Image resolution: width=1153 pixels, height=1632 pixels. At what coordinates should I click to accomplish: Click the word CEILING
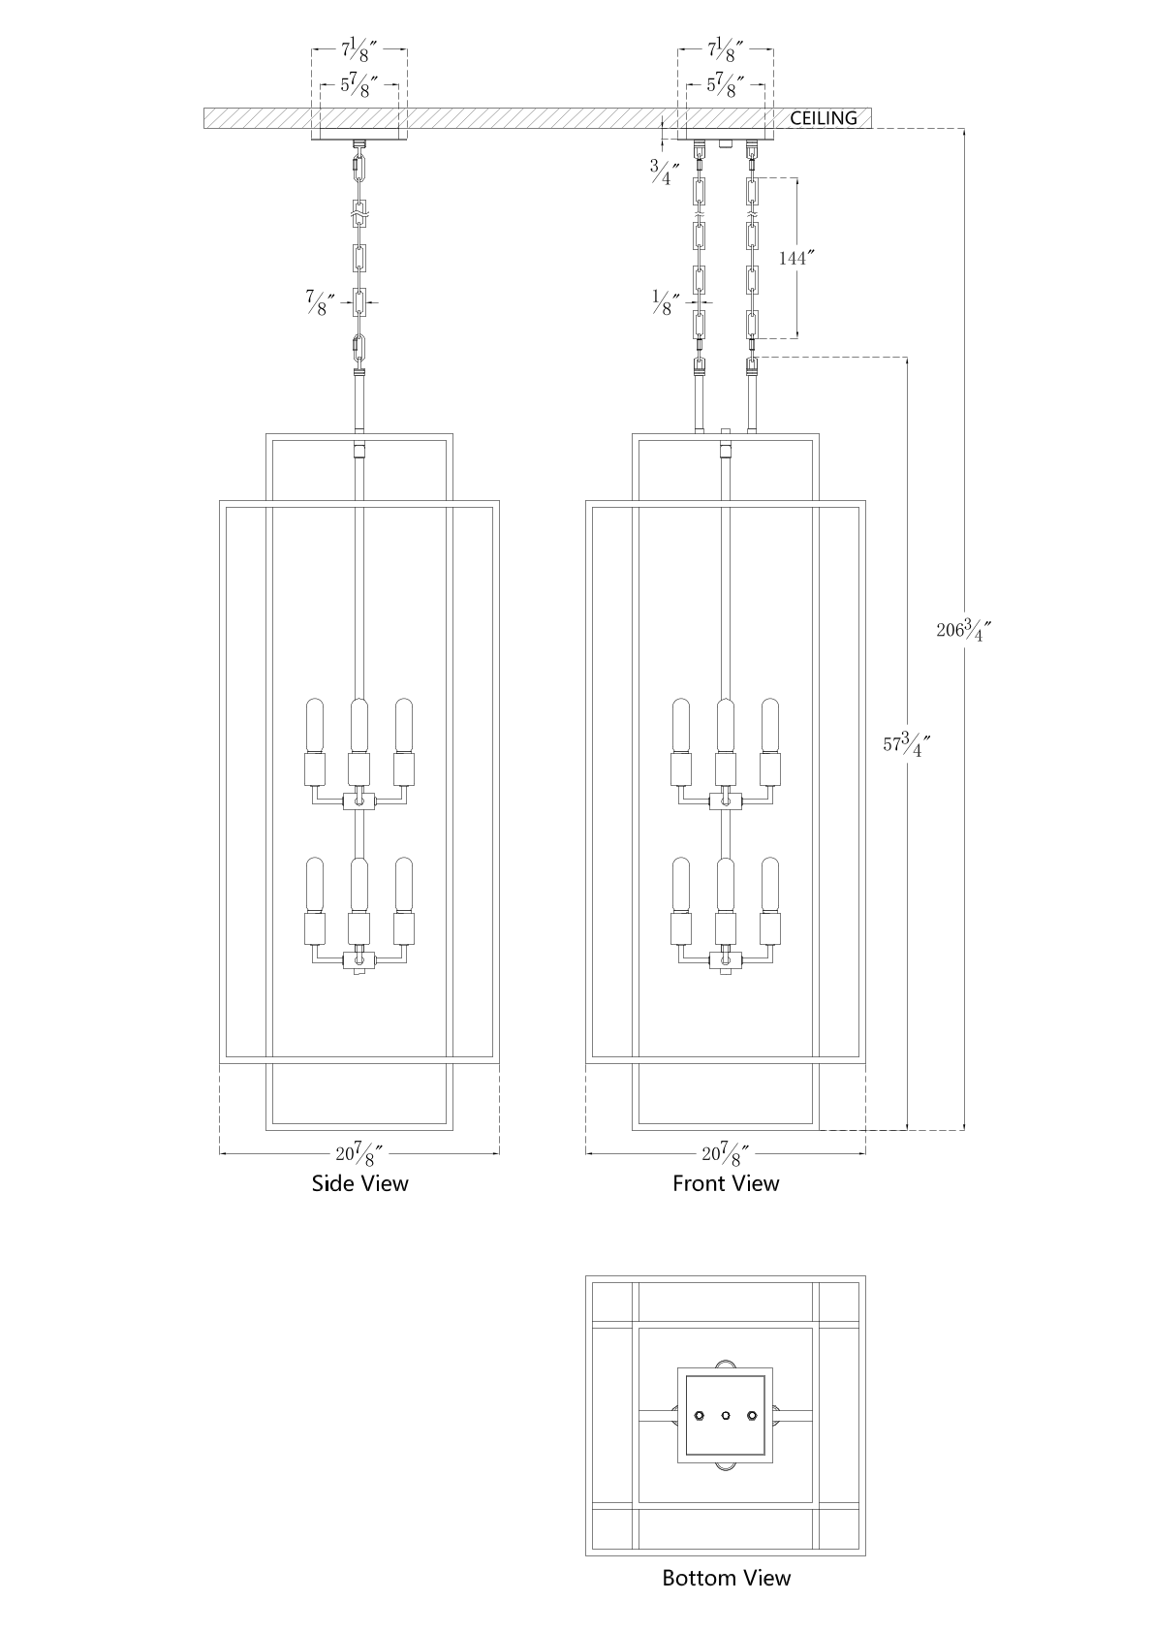point(824,118)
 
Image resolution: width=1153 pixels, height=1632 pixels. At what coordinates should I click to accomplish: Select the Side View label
point(359,1183)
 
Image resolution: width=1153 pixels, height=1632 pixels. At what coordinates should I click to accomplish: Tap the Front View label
point(726,1183)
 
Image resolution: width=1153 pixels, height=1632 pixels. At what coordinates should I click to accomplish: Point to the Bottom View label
point(726,1578)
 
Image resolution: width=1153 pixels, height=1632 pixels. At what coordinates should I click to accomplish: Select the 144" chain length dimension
point(797,258)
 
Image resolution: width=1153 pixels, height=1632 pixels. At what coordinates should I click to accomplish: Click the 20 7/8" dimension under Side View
point(359,1153)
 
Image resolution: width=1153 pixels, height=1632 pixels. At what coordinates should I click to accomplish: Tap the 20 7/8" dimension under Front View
point(726,1153)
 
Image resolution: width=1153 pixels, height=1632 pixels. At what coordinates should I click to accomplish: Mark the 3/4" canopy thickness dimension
point(665,173)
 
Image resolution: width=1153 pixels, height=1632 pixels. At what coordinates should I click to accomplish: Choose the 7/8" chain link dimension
point(321,302)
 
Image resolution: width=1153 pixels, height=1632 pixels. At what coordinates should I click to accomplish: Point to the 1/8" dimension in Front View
point(665,303)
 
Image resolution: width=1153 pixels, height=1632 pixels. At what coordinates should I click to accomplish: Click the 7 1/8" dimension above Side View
point(359,48)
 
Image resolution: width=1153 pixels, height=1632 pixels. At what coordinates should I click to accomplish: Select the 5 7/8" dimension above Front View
point(726,85)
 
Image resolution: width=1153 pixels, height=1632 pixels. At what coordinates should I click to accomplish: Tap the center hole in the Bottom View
point(726,1416)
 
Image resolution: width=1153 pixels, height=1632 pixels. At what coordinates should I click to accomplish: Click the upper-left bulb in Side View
point(315,724)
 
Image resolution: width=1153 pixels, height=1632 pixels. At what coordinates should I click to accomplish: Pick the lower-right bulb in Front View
point(770,884)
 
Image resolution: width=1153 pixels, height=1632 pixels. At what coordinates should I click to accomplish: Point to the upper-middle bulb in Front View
point(726,724)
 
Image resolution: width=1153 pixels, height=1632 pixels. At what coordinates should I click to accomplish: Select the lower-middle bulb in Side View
point(359,884)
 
